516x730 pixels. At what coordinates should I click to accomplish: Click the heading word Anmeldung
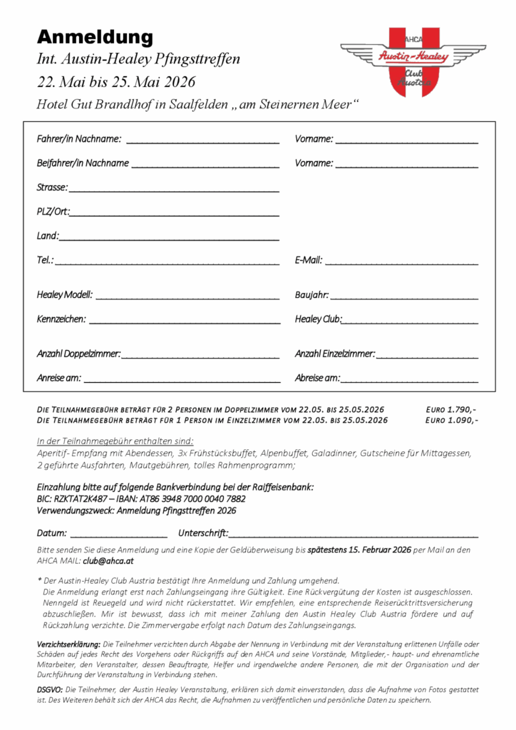click(95, 36)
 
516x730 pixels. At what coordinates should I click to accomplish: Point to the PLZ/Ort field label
click(53, 212)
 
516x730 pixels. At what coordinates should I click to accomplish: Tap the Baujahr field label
click(311, 295)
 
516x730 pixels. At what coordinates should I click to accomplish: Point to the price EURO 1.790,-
click(451, 409)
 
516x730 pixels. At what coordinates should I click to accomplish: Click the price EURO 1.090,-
click(451, 420)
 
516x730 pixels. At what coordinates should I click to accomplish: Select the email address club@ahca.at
click(103, 561)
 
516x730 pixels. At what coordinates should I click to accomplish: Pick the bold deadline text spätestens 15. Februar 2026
click(359, 550)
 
